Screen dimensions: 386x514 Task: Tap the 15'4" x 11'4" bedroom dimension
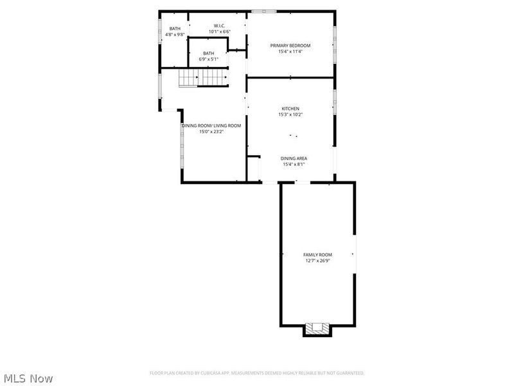click(x=290, y=51)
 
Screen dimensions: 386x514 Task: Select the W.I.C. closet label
click(x=219, y=26)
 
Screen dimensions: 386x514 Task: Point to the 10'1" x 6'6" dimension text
click(x=219, y=32)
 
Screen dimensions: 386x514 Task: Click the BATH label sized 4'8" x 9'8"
click(x=175, y=28)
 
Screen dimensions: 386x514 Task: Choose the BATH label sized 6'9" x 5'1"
click(x=209, y=53)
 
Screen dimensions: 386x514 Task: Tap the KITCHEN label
click(x=290, y=109)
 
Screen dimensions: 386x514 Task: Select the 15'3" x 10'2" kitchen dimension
click(x=290, y=115)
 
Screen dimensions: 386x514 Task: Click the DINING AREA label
click(x=294, y=158)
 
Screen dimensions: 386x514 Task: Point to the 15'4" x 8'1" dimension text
click(x=294, y=164)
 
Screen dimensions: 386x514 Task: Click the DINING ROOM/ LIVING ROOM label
click(x=211, y=125)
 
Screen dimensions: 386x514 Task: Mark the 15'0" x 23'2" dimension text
click(x=211, y=131)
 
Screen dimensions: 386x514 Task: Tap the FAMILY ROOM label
click(x=317, y=255)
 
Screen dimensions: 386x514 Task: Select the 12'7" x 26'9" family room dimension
click(x=317, y=261)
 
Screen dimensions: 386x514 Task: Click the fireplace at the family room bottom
click(x=318, y=328)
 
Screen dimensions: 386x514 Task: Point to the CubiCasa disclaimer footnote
click(x=257, y=372)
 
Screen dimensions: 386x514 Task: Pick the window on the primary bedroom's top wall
click(x=264, y=11)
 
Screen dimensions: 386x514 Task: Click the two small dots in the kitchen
click(x=294, y=136)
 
